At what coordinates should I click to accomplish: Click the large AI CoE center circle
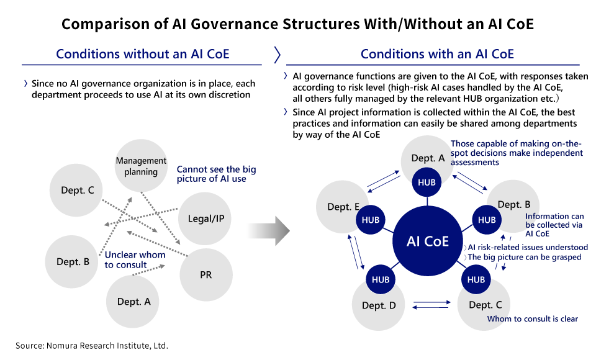427,241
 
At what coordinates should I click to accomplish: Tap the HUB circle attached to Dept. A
427,182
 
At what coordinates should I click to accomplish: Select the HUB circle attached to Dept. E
370,220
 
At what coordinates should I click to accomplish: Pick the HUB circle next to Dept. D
381,279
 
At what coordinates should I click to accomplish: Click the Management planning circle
141,166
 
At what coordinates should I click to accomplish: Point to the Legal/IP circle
205,218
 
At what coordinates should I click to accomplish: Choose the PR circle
206,275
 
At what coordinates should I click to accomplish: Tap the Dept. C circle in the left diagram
76,190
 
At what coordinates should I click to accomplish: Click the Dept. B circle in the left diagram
72,261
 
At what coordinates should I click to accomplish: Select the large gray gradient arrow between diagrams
269,231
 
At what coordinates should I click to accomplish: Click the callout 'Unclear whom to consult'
135,259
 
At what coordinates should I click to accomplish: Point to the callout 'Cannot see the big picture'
216,174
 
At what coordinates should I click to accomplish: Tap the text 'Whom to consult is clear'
533,318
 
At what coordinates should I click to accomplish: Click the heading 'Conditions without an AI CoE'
143,54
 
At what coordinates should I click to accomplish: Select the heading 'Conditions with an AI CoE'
437,54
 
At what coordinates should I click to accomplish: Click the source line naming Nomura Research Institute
92,346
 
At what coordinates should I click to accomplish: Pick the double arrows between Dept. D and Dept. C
431,305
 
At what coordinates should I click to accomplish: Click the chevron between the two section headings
277,55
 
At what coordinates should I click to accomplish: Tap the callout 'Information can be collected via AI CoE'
554,225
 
